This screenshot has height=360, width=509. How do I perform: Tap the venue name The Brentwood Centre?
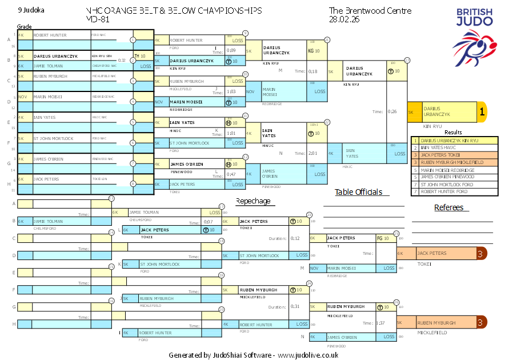click(362, 11)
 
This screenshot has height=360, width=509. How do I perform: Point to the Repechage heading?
click(253, 201)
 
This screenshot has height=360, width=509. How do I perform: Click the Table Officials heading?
click(358, 192)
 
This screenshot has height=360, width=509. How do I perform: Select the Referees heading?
click(448, 207)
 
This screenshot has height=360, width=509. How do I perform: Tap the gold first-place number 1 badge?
click(482, 113)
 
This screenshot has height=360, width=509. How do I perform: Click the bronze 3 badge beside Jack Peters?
click(481, 253)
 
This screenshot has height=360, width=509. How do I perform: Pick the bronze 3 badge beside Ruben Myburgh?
click(481, 323)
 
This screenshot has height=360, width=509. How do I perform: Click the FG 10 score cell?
click(383, 238)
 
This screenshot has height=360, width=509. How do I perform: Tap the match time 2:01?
click(313, 153)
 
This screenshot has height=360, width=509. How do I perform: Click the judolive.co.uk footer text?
click(308, 355)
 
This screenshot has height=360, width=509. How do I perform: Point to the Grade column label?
click(24, 26)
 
